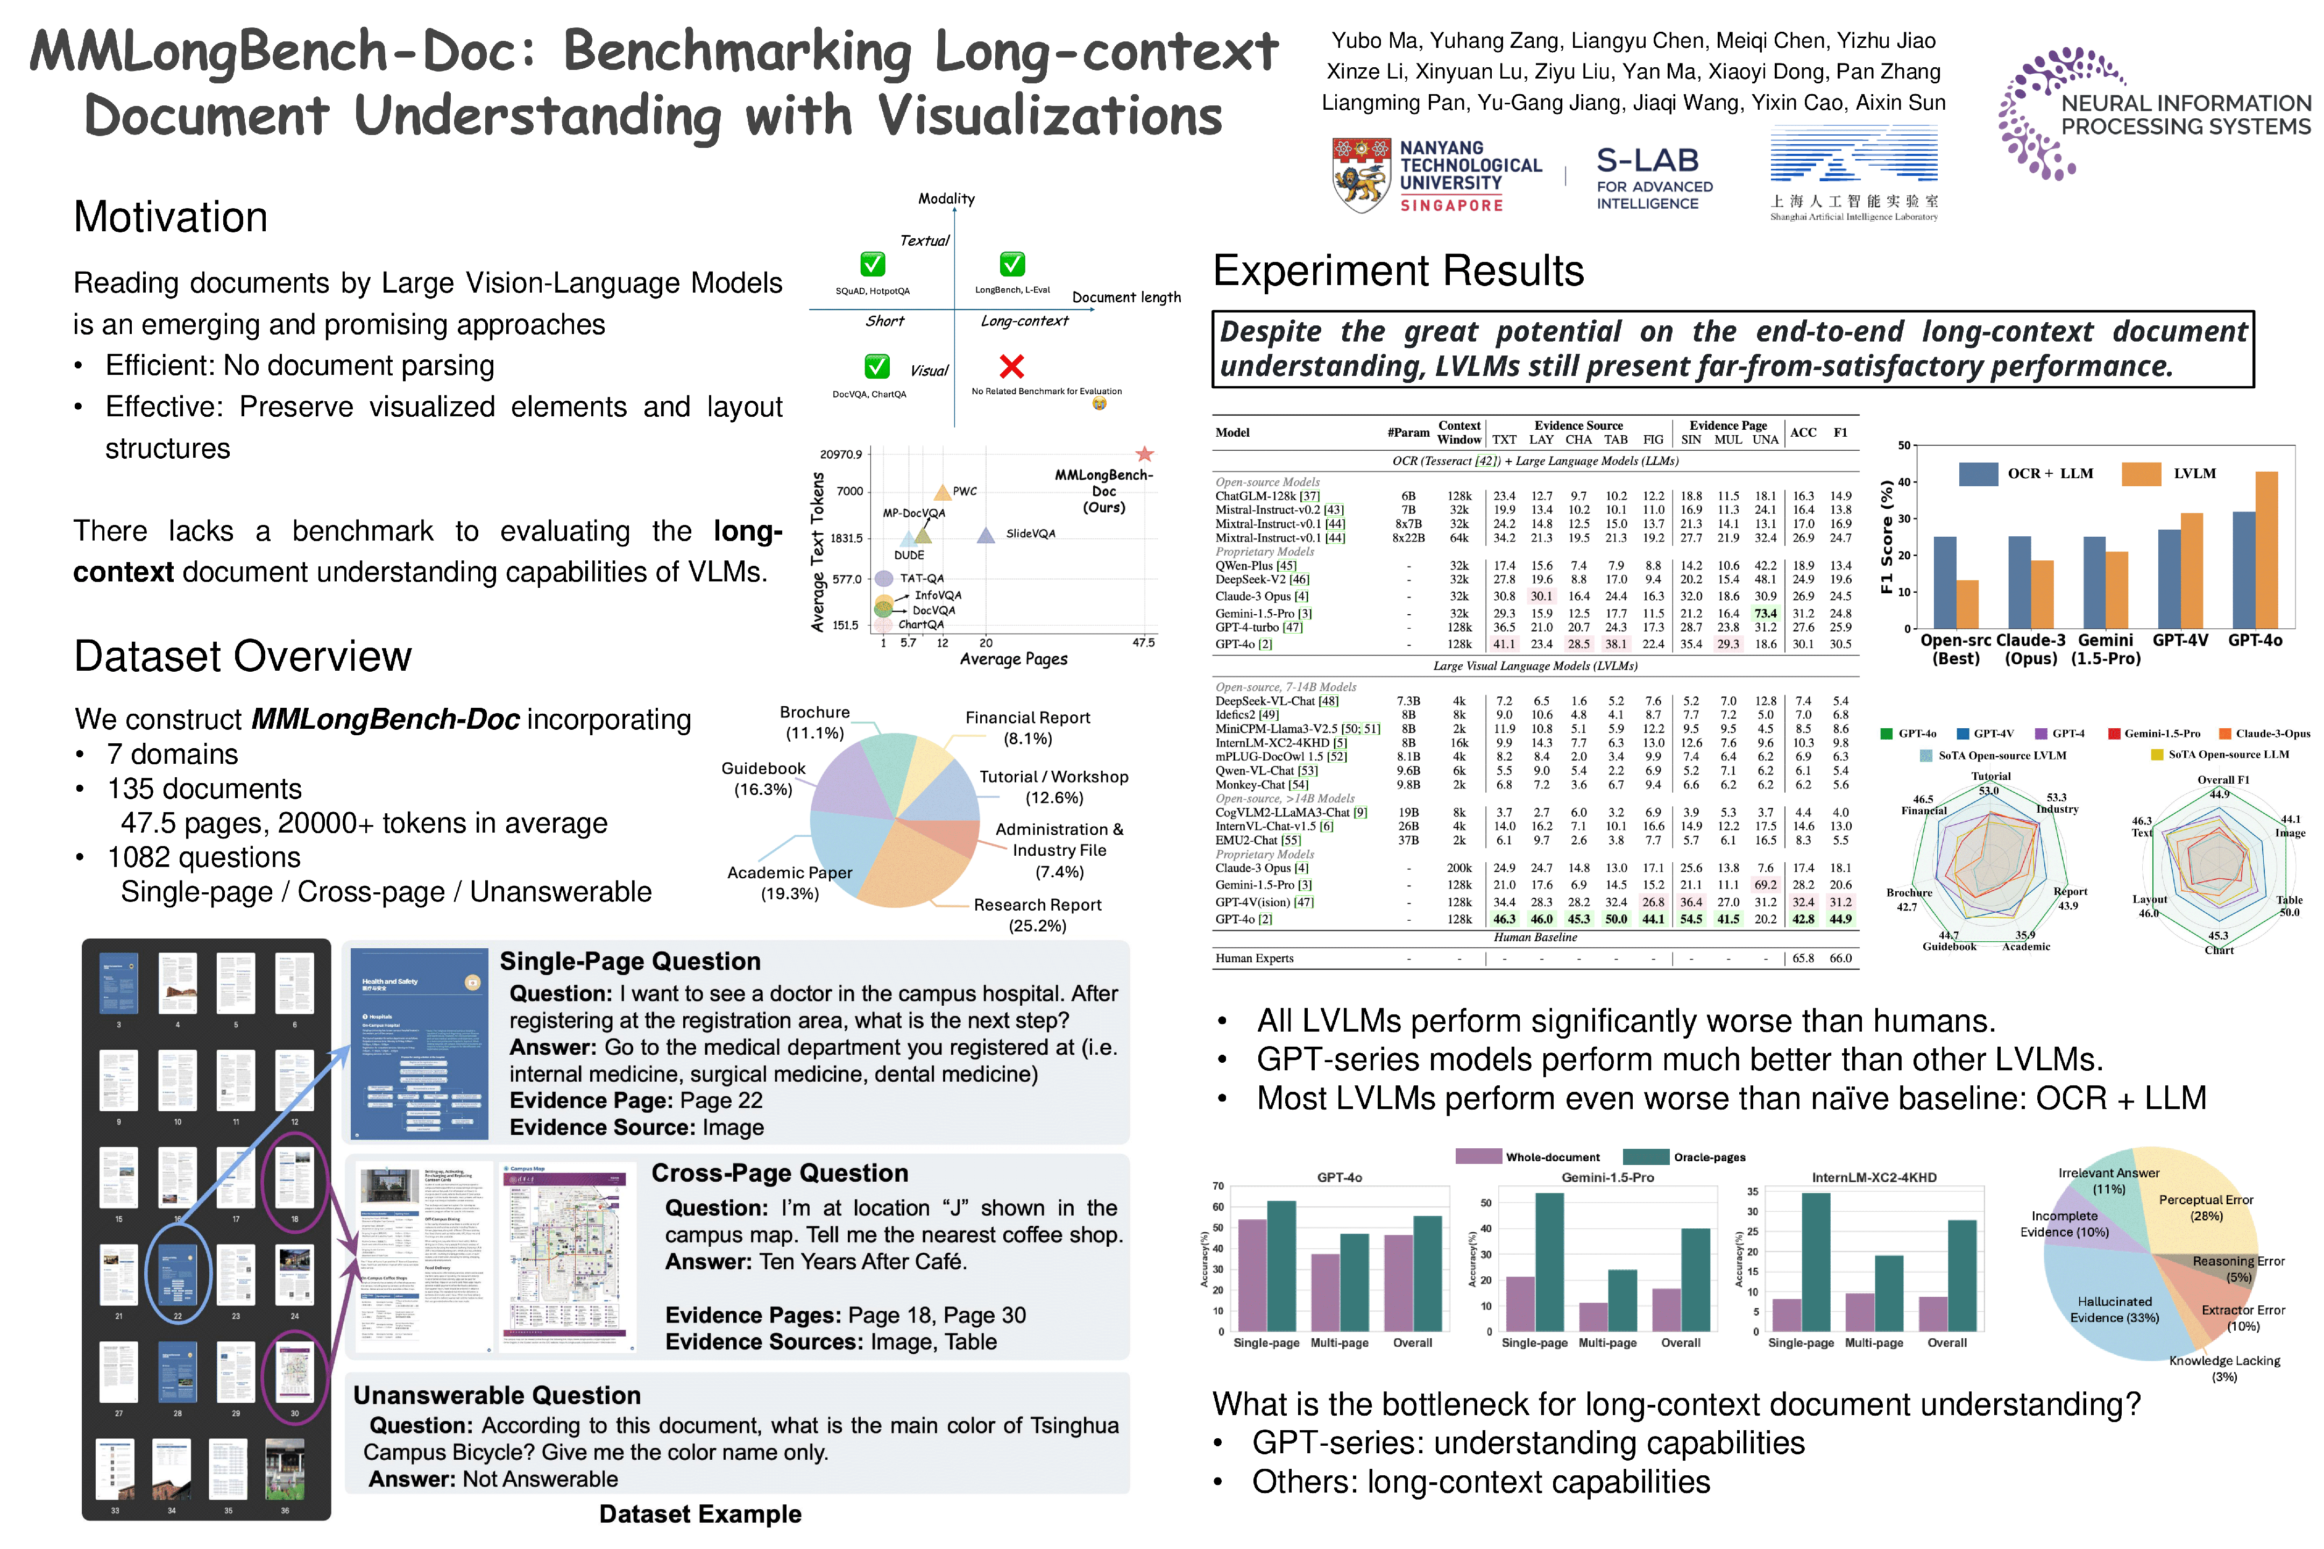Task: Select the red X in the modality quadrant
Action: click(1011, 366)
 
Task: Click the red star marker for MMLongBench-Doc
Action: click(1144, 454)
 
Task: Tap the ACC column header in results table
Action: click(1803, 432)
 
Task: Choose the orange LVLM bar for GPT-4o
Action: click(2266, 548)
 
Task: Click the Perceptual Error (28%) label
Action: click(2206, 1207)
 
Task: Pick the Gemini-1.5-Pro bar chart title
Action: click(1607, 1177)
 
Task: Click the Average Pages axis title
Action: click(1013, 659)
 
